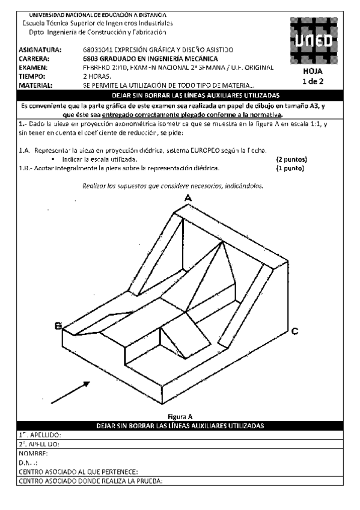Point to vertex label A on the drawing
tap(188, 198)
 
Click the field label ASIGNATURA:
tap(40, 49)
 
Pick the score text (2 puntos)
tap(291, 159)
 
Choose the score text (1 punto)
tap(290, 168)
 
